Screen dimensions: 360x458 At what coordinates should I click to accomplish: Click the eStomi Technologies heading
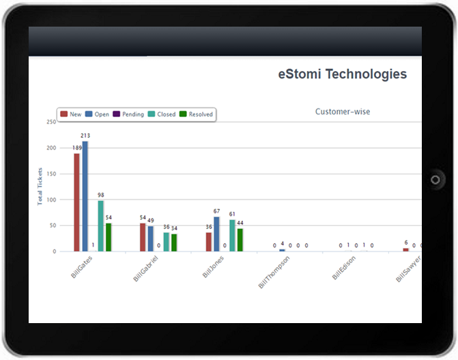pyautogui.click(x=342, y=74)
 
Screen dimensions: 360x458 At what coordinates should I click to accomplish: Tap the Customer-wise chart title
pyautogui.click(x=343, y=111)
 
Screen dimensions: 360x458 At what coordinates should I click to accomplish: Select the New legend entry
pyautogui.click(x=71, y=114)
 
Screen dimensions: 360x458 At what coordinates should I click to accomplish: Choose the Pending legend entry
pyautogui.click(x=128, y=114)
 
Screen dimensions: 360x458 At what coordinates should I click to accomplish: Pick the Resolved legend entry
pyautogui.click(x=196, y=114)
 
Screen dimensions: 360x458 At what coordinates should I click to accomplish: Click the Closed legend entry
pyautogui.click(x=162, y=114)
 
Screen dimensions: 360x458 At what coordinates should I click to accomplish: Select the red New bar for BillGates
pyautogui.click(x=77, y=202)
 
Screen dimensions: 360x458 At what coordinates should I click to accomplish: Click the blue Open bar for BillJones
pyautogui.click(x=216, y=234)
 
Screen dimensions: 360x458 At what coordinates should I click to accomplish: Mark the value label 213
pyautogui.click(x=85, y=136)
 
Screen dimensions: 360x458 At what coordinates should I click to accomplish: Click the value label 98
pyautogui.click(x=101, y=195)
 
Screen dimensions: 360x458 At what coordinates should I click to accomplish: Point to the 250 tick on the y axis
pyautogui.click(x=51, y=122)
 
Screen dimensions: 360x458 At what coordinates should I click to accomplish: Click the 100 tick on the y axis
pyautogui.click(x=51, y=199)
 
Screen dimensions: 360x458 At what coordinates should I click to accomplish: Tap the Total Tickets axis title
pyautogui.click(x=40, y=186)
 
